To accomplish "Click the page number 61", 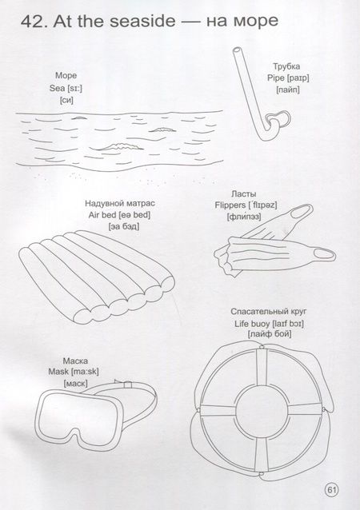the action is pos(331,489).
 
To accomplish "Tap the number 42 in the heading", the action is pos(32,21).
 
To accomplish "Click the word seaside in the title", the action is pos(142,21).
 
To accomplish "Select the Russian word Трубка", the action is pos(286,66).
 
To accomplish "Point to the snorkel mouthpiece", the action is pos(279,118).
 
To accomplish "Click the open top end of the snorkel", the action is pos(238,50).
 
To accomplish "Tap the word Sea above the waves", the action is pos(58,88).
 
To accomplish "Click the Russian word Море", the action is pos(66,75).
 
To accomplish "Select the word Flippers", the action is pos(230,205).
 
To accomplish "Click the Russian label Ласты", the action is pos(243,194).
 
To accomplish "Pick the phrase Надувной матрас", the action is pos(120,204).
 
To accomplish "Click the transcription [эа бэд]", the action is pos(124,226).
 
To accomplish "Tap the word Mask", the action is pos(58,372).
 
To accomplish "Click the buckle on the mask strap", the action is pos(128,384).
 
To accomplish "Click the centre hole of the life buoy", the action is pos(262,410).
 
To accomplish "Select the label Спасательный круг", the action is pos(269,312).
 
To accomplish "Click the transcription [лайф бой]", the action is pos(269,334).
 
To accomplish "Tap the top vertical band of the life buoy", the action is pos(262,368).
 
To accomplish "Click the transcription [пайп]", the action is pos(288,90).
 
